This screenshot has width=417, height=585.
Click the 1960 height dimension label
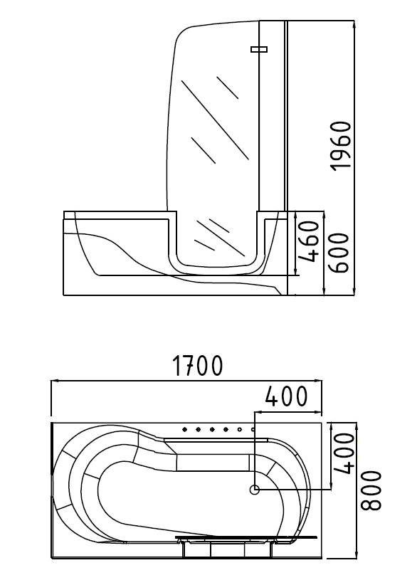(342, 145)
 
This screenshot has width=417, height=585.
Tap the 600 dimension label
(339, 253)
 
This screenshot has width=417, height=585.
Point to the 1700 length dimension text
(198, 366)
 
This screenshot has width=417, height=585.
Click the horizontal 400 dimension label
(286, 396)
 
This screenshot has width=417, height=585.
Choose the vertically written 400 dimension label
(343, 453)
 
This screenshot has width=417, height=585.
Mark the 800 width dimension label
(371, 490)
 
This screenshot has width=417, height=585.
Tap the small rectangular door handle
(259, 49)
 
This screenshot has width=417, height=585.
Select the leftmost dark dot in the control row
(184, 429)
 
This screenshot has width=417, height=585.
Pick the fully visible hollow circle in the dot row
(240, 429)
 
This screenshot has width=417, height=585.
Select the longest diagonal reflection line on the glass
(215, 120)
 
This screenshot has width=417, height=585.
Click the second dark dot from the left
(198, 429)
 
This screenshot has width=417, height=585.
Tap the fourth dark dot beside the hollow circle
(226, 429)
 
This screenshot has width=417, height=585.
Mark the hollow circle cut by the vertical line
(253, 429)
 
